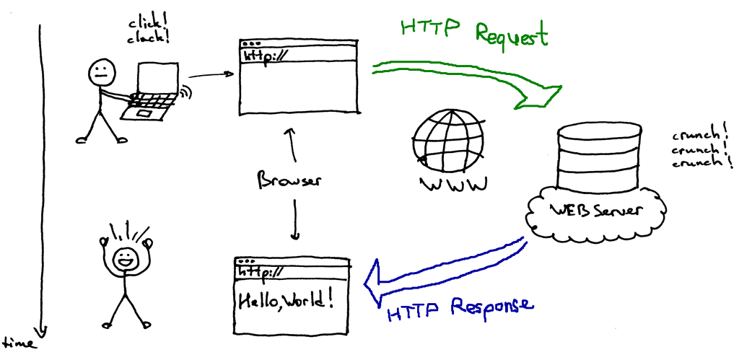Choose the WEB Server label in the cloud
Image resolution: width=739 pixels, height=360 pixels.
(596, 211)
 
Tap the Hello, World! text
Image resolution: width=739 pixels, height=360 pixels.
(287, 298)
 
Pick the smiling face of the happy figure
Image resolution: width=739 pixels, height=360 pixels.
(126, 258)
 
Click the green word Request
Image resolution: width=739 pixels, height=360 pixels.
(512, 35)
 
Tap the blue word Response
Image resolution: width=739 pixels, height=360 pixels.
(491, 306)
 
